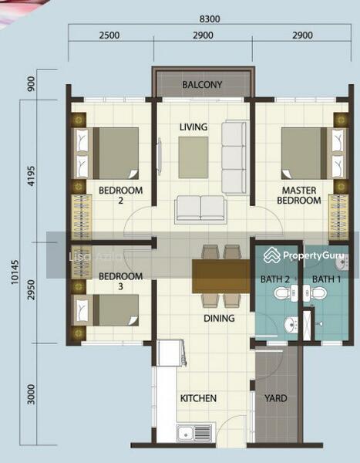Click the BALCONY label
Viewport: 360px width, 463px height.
[x=202, y=85]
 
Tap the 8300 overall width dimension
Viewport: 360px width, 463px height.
[x=210, y=19]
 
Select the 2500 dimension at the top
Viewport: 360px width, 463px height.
[x=109, y=35]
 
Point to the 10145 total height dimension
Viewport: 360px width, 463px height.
[x=15, y=272]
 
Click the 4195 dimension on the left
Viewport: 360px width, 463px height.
[x=31, y=176]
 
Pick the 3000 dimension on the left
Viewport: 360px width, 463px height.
[x=31, y=394]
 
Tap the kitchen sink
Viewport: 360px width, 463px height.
[x=195, y=433]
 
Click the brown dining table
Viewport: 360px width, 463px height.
[x=221, y=276]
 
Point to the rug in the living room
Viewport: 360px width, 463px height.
[x=193, y=157]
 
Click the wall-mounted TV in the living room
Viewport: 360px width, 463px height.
[x=160, y=154]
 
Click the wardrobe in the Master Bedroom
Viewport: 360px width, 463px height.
[x=338, y=217]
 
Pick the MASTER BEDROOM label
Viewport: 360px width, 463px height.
[x=299, y=195]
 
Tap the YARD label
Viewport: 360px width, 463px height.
[x=276, y=398]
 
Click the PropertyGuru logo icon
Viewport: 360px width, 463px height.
[x=272, y=255]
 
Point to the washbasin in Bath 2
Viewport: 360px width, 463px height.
[x=291, y=325]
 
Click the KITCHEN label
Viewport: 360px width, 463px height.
[x=198, y=398]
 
